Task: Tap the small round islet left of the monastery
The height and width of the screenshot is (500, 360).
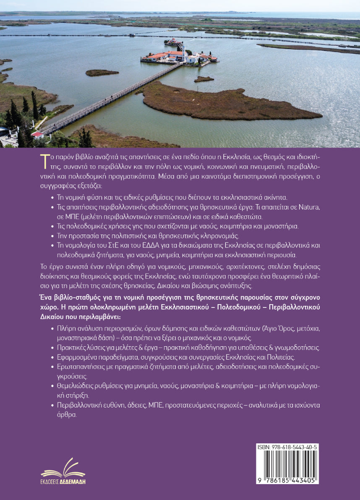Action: (x=102, y=73)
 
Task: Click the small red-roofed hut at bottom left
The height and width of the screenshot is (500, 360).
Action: (x=37, y=134)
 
